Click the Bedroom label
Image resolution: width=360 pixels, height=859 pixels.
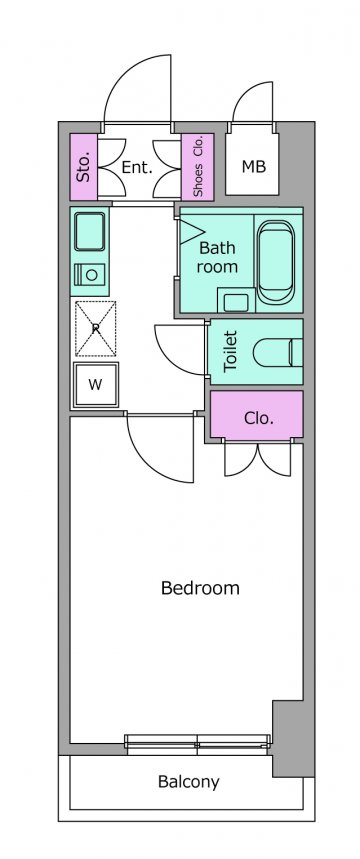(200, 588)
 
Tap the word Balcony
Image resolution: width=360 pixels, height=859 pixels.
(188, 782)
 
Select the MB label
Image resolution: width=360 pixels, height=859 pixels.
(254, 167)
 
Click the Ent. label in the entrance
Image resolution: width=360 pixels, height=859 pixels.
(136, 168)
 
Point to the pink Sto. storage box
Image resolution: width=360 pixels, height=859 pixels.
(84, 167)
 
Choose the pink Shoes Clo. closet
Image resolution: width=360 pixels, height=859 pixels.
(198, 167)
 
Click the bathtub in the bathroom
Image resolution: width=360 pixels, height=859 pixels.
(276, 261)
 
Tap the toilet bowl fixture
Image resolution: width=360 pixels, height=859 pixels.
(278, 352)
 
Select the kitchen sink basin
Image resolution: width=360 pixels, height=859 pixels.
(89, 231)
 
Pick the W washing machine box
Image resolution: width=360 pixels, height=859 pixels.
(96, 385)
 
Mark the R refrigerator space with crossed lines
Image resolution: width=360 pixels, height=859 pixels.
(95, 328)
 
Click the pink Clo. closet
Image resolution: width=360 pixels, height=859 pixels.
(256, 415)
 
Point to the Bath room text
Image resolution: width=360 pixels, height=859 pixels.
(218, 257)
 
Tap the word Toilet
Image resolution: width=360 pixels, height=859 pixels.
(231, 352)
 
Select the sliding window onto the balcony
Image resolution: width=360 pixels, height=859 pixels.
(198, 741)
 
